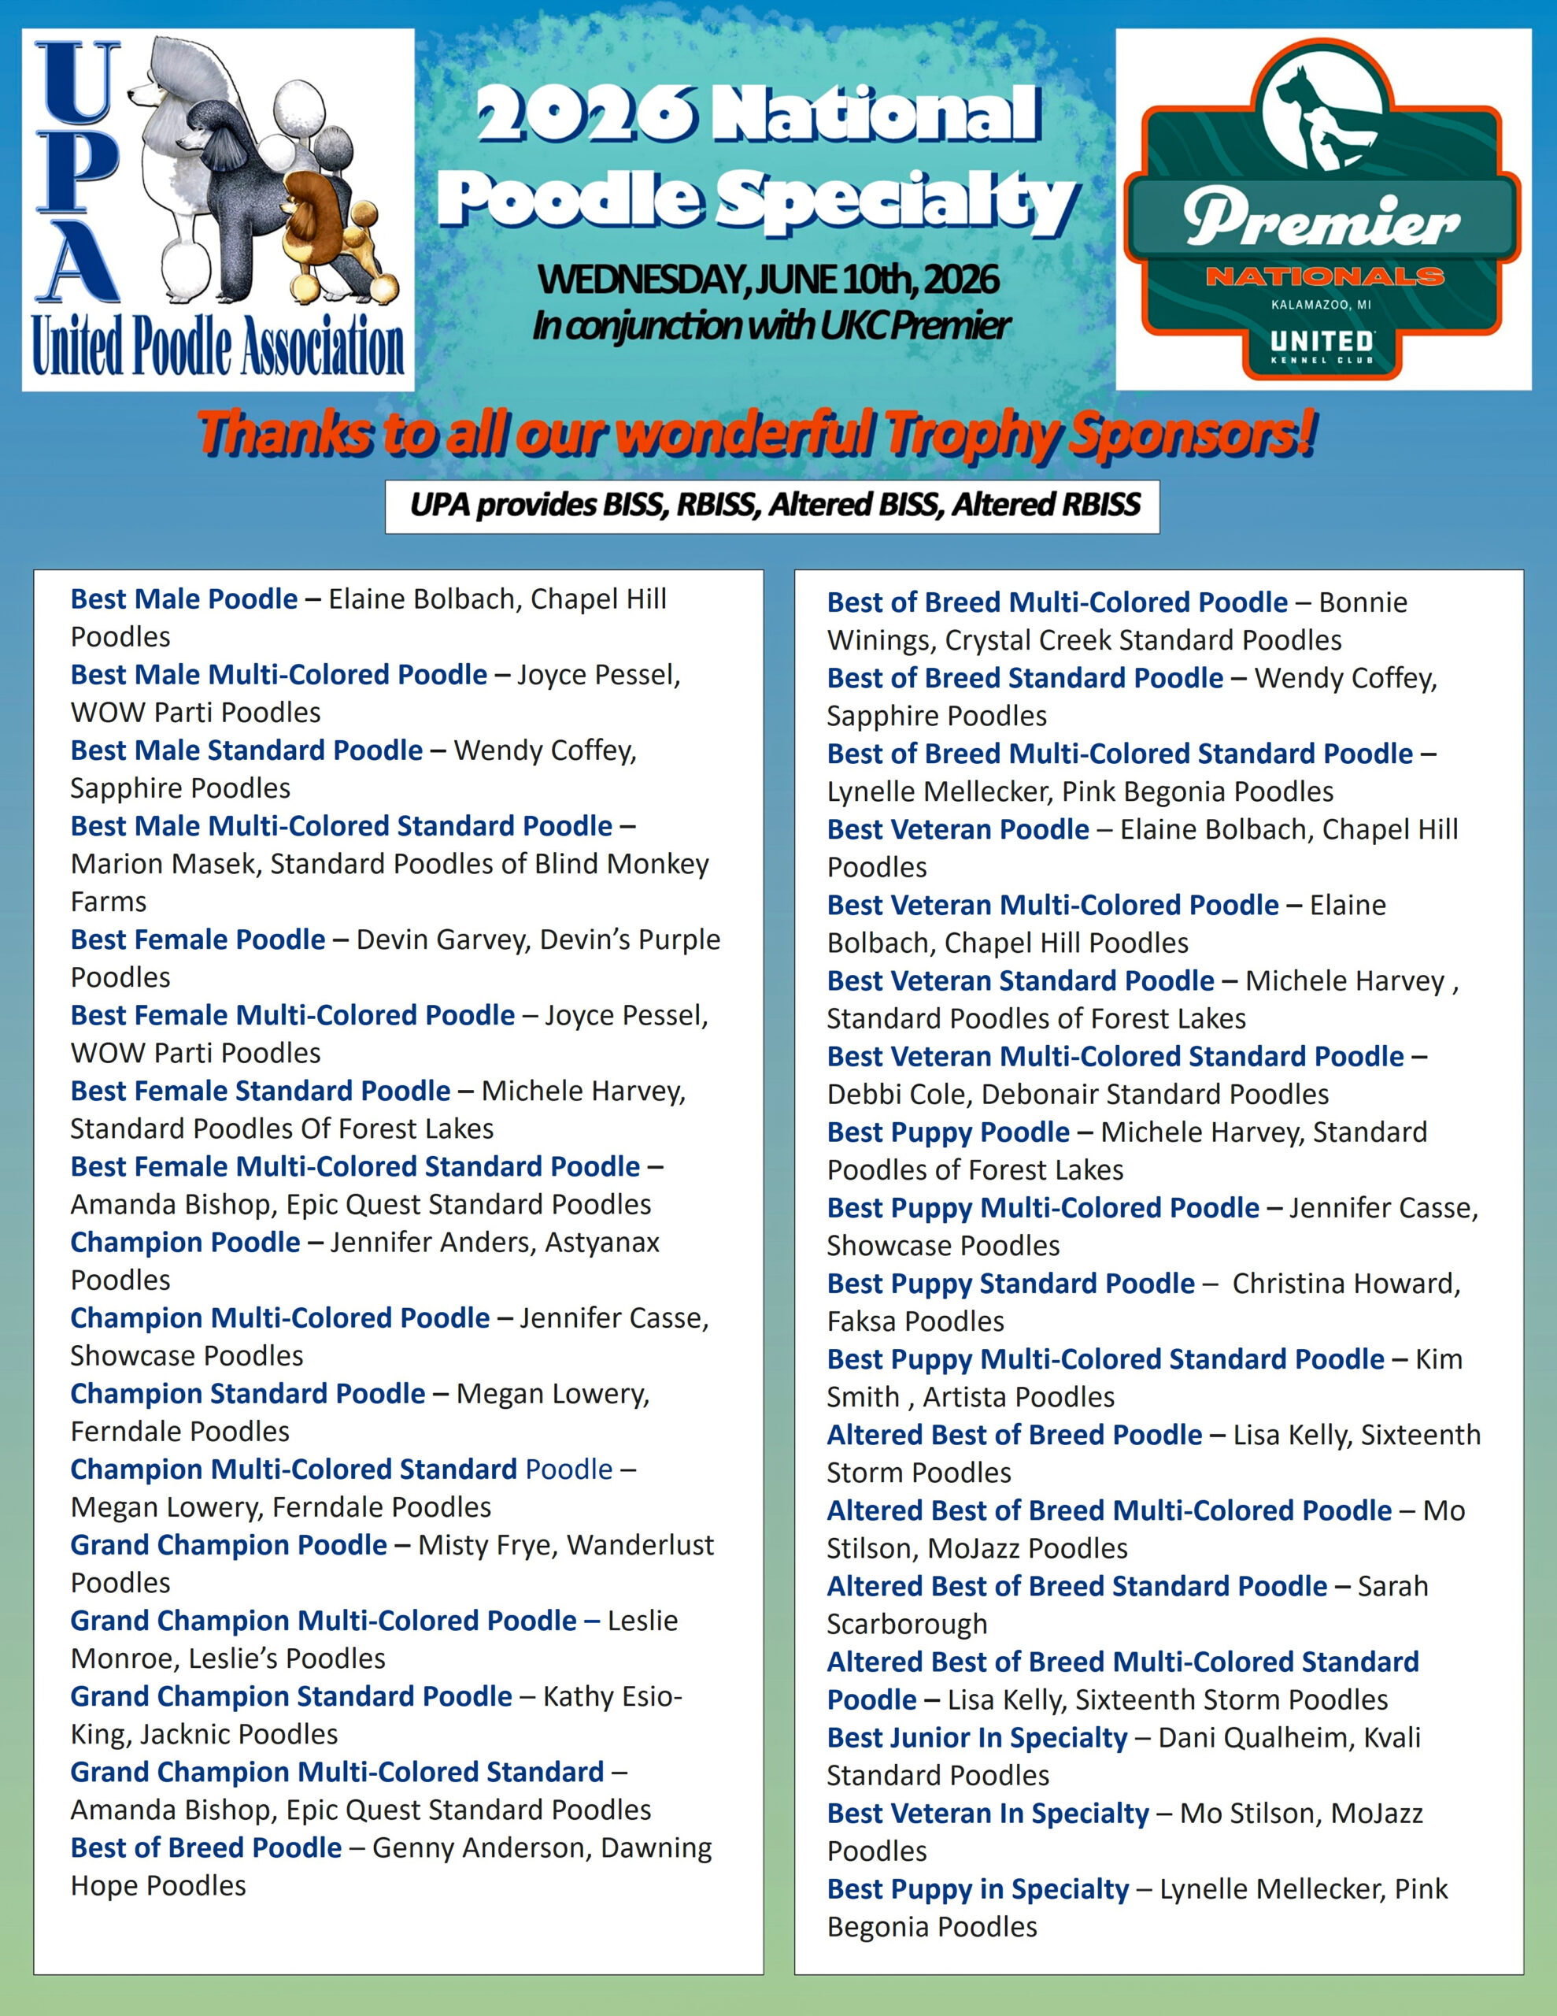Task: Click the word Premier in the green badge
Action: pos(1321,221)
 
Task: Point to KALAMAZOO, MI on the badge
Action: pos(1321,305)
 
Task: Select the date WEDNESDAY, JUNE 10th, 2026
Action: pos(768,279)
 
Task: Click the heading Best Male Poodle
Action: pos(184,599)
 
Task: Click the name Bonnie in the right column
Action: pos(1363,602)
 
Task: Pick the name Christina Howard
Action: pos(1347,1284)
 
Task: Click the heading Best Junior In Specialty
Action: pos(978,1738)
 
